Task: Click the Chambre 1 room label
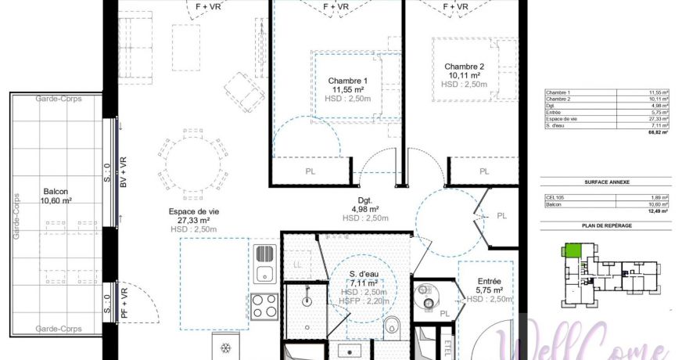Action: tap(347, 81)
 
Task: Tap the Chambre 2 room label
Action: tap(465, 67)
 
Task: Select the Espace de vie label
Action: tap(192, 211)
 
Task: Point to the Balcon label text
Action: tap(56, 191)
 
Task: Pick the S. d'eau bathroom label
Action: tap(365, 273)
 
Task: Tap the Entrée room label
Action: tap(490, 280)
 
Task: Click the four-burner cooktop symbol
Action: tap(264, 304)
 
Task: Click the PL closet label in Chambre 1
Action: tap(310, 171)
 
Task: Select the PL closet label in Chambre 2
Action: tap(484, 171)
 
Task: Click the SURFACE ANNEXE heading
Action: tap(607, 182)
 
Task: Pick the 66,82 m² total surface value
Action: tap(655, 133)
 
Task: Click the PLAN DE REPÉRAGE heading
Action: tap(607, 225)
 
